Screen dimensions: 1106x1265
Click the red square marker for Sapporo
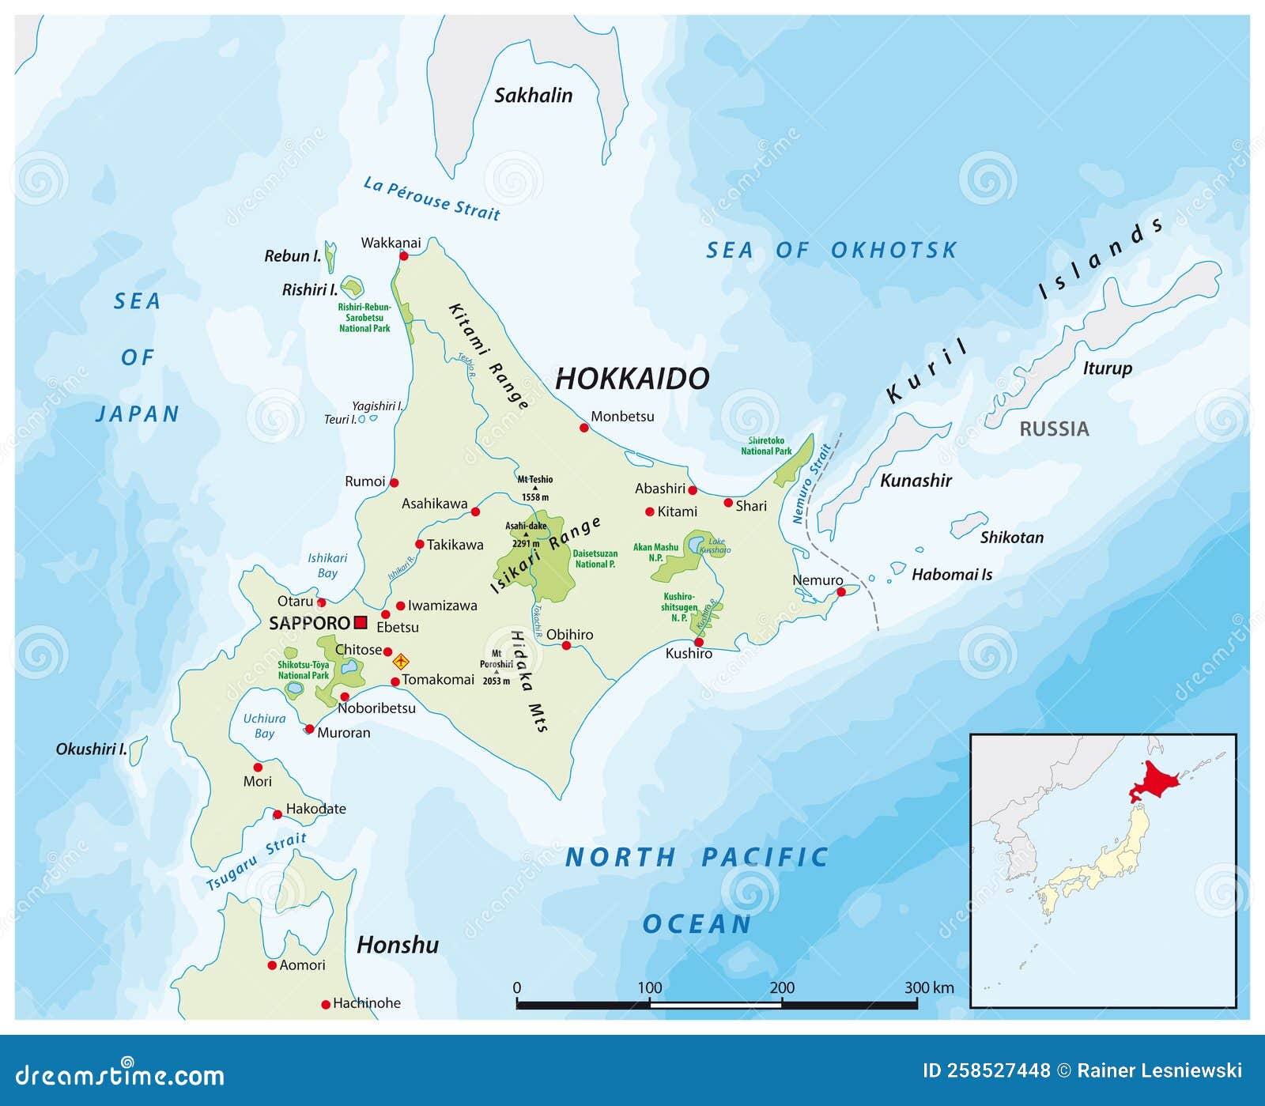tap(361, 622)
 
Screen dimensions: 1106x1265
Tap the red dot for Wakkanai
tap(403, 255)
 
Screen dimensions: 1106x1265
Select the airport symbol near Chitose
tap(401, 661)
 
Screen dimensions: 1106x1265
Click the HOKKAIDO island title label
tap(632, 379)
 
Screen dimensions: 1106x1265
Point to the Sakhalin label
tap(533, 96)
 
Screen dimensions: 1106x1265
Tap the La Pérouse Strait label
tap(432, 198)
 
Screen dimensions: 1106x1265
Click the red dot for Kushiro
tap(698, 642)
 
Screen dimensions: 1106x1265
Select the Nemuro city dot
tap(841, 591)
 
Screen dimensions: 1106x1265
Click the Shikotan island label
tap(1011, 538)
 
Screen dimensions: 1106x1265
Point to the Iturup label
tap(1107, 368)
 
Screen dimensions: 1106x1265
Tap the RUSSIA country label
tap(1053, 429)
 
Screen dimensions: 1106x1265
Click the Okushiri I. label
tap(91, 749)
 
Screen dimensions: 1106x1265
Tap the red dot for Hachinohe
tap(325, 1005)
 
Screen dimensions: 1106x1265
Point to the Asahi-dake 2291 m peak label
tap(526, 534)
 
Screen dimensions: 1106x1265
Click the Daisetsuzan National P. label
tap(595, 559)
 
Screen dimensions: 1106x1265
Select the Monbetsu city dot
tap(584, 428)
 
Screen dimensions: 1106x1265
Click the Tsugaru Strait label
tap(256, 861)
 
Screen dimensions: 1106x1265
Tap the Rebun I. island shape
tap(330, 256)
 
